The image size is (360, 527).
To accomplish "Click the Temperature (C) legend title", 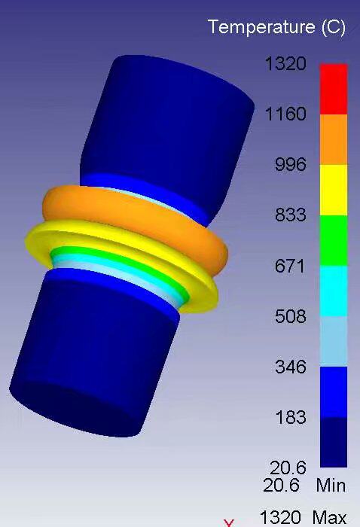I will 276,28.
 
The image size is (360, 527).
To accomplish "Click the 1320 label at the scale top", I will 285,64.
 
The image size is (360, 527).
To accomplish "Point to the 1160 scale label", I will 285,114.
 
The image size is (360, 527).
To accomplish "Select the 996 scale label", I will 289,165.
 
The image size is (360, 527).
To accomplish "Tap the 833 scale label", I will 289,215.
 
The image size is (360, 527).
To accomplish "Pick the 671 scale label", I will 289,266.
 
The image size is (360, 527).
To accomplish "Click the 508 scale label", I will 289,316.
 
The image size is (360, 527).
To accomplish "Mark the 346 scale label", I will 289,367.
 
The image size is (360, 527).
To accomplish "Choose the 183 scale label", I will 289,417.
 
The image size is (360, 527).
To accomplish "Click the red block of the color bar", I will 334,89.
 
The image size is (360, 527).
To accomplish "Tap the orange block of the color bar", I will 334,139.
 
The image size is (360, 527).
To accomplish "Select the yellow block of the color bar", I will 334,190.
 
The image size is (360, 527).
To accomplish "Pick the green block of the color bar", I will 334,240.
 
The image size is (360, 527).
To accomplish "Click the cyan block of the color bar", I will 334,291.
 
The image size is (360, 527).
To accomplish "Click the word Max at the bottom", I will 329,518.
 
